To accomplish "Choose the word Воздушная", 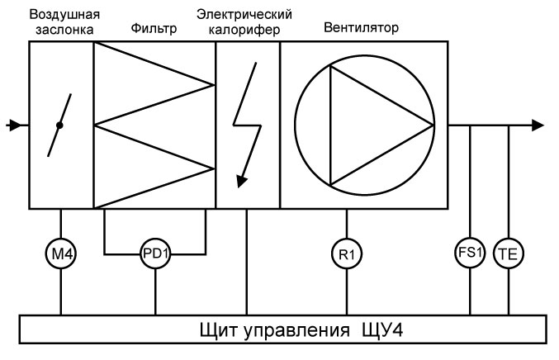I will coord(60,14).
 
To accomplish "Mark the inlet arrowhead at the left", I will coord(12,125).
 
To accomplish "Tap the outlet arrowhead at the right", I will coord(538,125).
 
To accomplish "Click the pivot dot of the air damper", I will coord(59,126).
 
